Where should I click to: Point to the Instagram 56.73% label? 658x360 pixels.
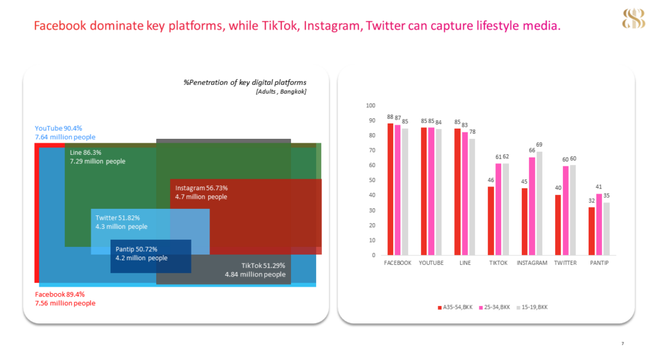coord(201,188)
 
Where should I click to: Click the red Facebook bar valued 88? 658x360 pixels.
coord(390,189)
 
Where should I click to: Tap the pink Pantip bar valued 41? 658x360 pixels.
coord(599,224)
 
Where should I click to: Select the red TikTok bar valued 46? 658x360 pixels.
coord(491,221)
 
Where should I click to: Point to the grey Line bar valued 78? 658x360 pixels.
coord(472,197)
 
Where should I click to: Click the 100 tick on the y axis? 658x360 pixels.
coord(370,105)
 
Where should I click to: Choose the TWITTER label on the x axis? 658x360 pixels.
coord(565,263)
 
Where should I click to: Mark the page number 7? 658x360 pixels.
coord(622,344)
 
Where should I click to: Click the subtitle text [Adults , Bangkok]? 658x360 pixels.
coord(281,91)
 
